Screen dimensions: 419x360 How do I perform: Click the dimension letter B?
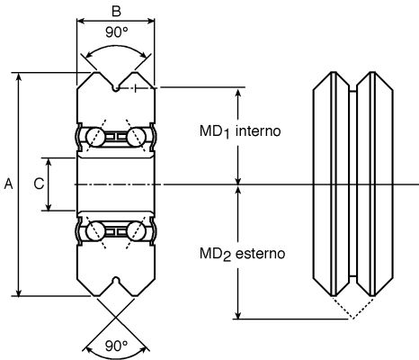(116, 11)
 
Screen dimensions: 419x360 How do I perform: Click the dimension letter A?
(9, 184)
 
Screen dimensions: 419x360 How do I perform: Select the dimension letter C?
(40, 184)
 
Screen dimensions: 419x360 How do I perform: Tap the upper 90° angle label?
(117, 32)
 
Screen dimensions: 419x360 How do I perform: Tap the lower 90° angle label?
(117, 346)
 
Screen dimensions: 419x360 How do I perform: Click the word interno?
(258, 131)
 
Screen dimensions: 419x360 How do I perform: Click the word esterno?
(260, 254)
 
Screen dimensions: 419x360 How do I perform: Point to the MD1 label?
(215, 132)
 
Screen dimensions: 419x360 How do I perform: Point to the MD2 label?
(215, 255)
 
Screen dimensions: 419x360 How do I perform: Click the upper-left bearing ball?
(95, 137)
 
